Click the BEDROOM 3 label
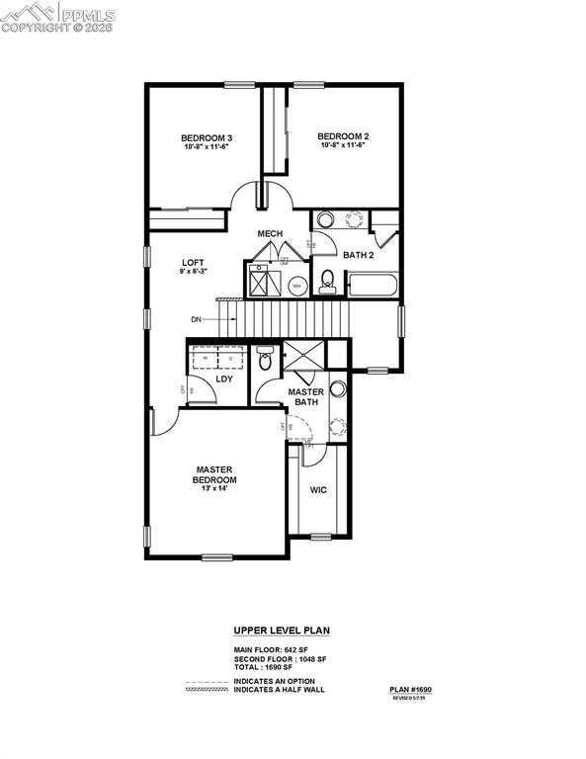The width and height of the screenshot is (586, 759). [207, 137]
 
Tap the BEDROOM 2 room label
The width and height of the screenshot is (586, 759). [343, 135]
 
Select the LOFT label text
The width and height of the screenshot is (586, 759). [193, 263]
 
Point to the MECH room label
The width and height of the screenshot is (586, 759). [271, 234]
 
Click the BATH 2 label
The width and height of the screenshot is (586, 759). [359, 255]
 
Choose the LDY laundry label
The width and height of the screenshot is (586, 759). [224, 379]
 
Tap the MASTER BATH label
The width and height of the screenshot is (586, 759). [305, 396]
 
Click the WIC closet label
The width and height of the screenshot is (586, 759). [318, 490]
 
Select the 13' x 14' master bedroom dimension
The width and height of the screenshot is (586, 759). [213, 489]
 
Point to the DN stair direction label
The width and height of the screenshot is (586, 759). [198, 318]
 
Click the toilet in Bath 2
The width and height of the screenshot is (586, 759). [327, 284]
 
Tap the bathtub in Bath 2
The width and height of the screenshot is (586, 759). [371, 287]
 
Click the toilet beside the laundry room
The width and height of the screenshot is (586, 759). [264, 359]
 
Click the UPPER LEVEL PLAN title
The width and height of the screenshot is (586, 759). [281, 629]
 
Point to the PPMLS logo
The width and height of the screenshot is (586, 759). [59, 17]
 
